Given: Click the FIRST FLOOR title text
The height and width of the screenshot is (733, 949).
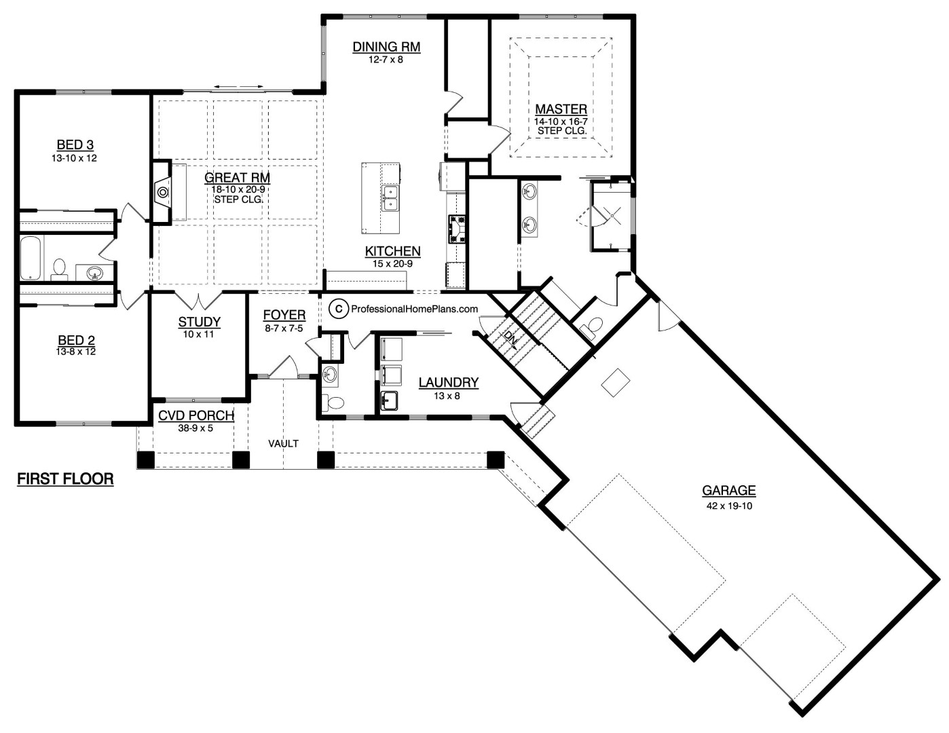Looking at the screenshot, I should coord(64,479).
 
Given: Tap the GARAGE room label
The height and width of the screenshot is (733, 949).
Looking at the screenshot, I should coord(728,490).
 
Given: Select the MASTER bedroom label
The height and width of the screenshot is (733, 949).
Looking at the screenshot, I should coord(561,109).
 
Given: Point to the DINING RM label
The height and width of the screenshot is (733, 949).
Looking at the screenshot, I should coord(386,47).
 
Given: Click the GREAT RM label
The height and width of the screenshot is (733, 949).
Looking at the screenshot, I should coord(237,178).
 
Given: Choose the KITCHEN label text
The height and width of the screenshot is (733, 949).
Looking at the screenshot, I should coord(392,251).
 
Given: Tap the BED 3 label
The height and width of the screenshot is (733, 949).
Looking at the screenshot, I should coord(75,145).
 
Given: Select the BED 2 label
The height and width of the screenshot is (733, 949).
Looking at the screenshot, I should coord(75,341).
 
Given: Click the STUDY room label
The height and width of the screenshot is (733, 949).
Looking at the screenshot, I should coord(199,322).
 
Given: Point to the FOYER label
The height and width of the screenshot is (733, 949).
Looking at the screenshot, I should coord(284,315).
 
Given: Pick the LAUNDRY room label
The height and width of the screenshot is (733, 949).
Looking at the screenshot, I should coord(448,383).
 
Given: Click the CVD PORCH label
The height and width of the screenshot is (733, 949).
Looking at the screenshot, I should coord(196,415).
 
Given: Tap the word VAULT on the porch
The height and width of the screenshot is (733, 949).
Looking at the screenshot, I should coord(283,444).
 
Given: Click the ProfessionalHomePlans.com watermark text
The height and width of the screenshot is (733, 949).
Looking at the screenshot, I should coord(414,309).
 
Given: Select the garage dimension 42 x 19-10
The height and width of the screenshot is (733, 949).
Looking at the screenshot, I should coord(728,506).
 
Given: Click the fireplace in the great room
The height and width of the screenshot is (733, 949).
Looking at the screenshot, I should coord(163,193).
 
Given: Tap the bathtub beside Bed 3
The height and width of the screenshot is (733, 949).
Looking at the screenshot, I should coord(30,258).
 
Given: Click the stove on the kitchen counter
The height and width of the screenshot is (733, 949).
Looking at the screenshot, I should coord(455,228).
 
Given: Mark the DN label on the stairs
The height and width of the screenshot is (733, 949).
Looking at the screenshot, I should coord(510,338).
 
